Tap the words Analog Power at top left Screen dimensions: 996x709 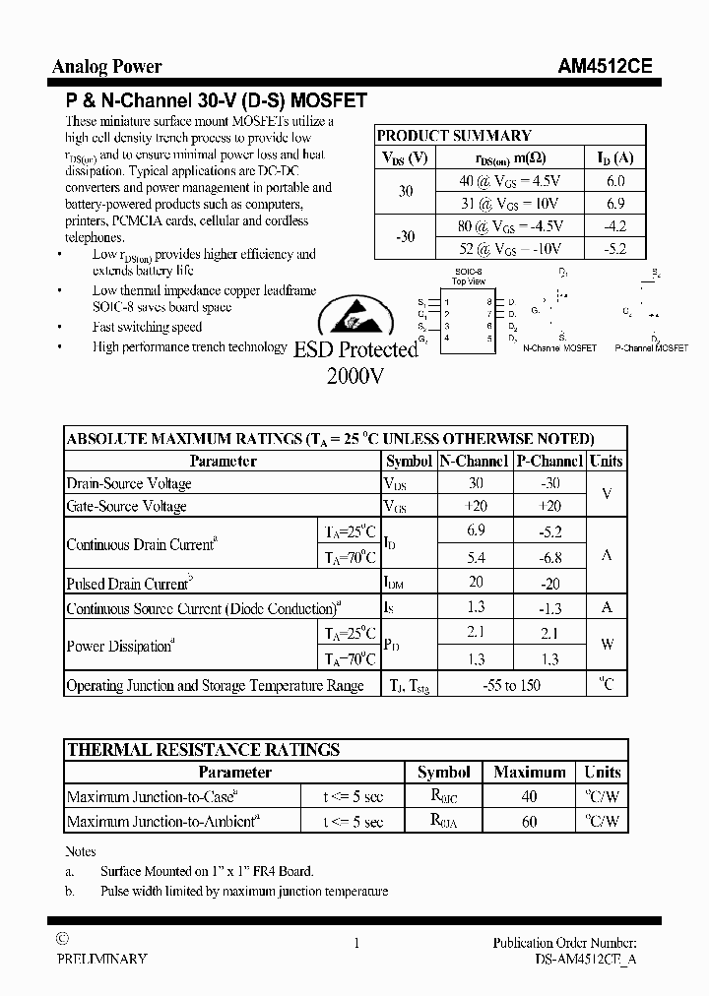pos(106,67)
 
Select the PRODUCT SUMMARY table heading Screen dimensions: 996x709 pos(454,136)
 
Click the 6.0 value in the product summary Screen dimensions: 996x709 pos(615,181)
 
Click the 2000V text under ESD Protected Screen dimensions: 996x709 pos(354,375)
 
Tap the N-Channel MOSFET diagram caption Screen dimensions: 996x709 pos(558,348)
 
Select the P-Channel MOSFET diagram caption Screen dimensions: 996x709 pos(651,348)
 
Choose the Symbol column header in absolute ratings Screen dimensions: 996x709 pos(409,461)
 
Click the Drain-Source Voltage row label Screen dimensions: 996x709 pos(129,483)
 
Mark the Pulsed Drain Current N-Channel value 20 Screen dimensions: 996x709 pos(475,583)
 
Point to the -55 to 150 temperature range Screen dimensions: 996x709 pos(511,685)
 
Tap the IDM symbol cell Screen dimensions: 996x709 pos(394,584)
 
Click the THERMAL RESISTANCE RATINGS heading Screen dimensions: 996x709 pos(203,750)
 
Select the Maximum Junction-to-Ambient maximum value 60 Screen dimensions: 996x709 pos(529,821)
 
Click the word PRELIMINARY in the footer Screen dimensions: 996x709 pos(102,959)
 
